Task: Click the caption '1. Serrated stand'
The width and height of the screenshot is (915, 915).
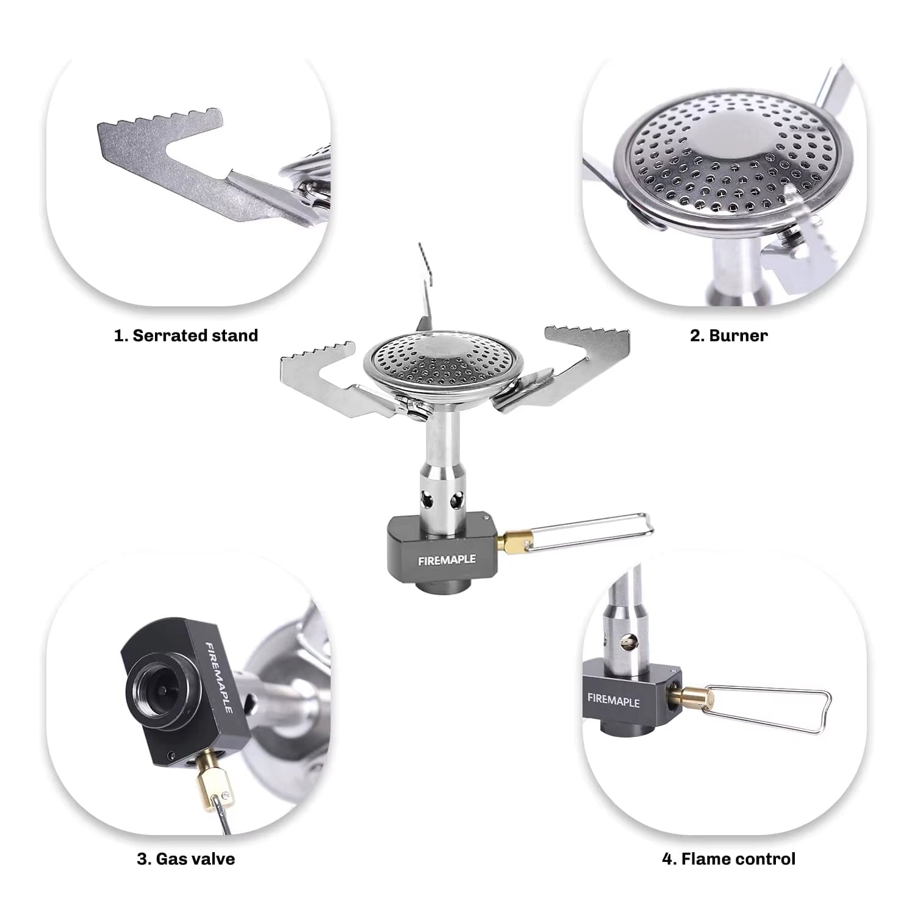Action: pyautogui.click(x=186, y=335)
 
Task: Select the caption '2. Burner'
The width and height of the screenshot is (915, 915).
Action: pyautogui.click(x=728, y=335)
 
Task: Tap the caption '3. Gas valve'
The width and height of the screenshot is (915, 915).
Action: pyautogui.click(x=186, y=859)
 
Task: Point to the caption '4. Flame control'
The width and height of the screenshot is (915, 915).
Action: pyautogui.click(x=728, y=859)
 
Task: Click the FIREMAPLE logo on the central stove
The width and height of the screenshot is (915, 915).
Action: pyautogui.click(x=447, y=559)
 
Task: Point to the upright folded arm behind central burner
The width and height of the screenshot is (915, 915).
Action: pyautogui.click(x=426, y=287)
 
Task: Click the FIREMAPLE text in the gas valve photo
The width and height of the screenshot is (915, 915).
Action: pyautogui.click(x=218, y=677)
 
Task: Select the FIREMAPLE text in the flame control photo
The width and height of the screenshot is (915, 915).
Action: pyautogui.click(x=613, y=700)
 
